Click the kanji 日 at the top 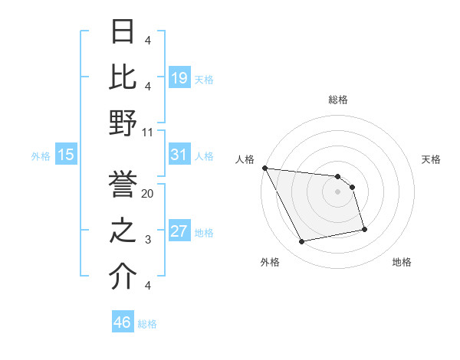tap(123, 31)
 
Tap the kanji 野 tap(123, 123)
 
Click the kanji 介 tap(123, 277)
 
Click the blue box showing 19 tap(179, 78)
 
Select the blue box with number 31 tap(179, 155)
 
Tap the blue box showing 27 tap(179, 232)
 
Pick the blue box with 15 tap(66, 155)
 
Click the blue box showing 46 tap(123, 322)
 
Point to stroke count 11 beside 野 tap(148, 133)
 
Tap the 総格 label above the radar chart tap(337, 100)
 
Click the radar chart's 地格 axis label tap(402, 262)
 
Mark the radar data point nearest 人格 tap(264, 168)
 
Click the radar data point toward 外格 tap(301, 242)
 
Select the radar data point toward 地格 tap(364, 229)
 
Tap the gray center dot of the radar tap(337, 191)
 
